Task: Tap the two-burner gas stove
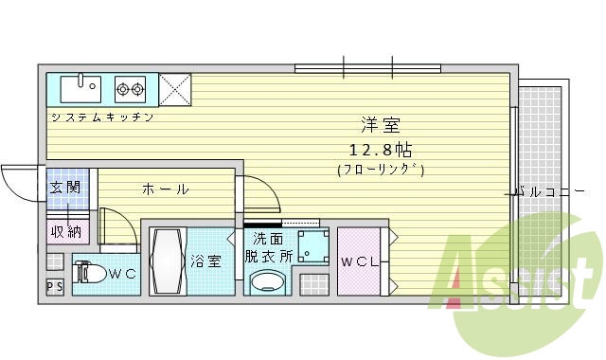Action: [x=131, y=90]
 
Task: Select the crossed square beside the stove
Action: [x=174, y=89]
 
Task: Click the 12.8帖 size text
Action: [x=380, y=150]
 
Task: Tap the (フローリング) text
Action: [x=380, y=171]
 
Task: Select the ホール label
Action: [x=165, y=189]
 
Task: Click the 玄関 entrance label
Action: [x=64, y=187]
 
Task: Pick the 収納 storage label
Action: [x=64, y=231]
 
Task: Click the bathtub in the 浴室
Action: [x=168, y=261]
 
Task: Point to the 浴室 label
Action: [x=205, y=261]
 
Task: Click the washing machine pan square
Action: [x=311, y=245]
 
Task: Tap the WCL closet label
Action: [x=360, y=261]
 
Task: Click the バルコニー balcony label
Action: [x=549, y=191]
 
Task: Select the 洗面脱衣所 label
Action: [x=268, y=247]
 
